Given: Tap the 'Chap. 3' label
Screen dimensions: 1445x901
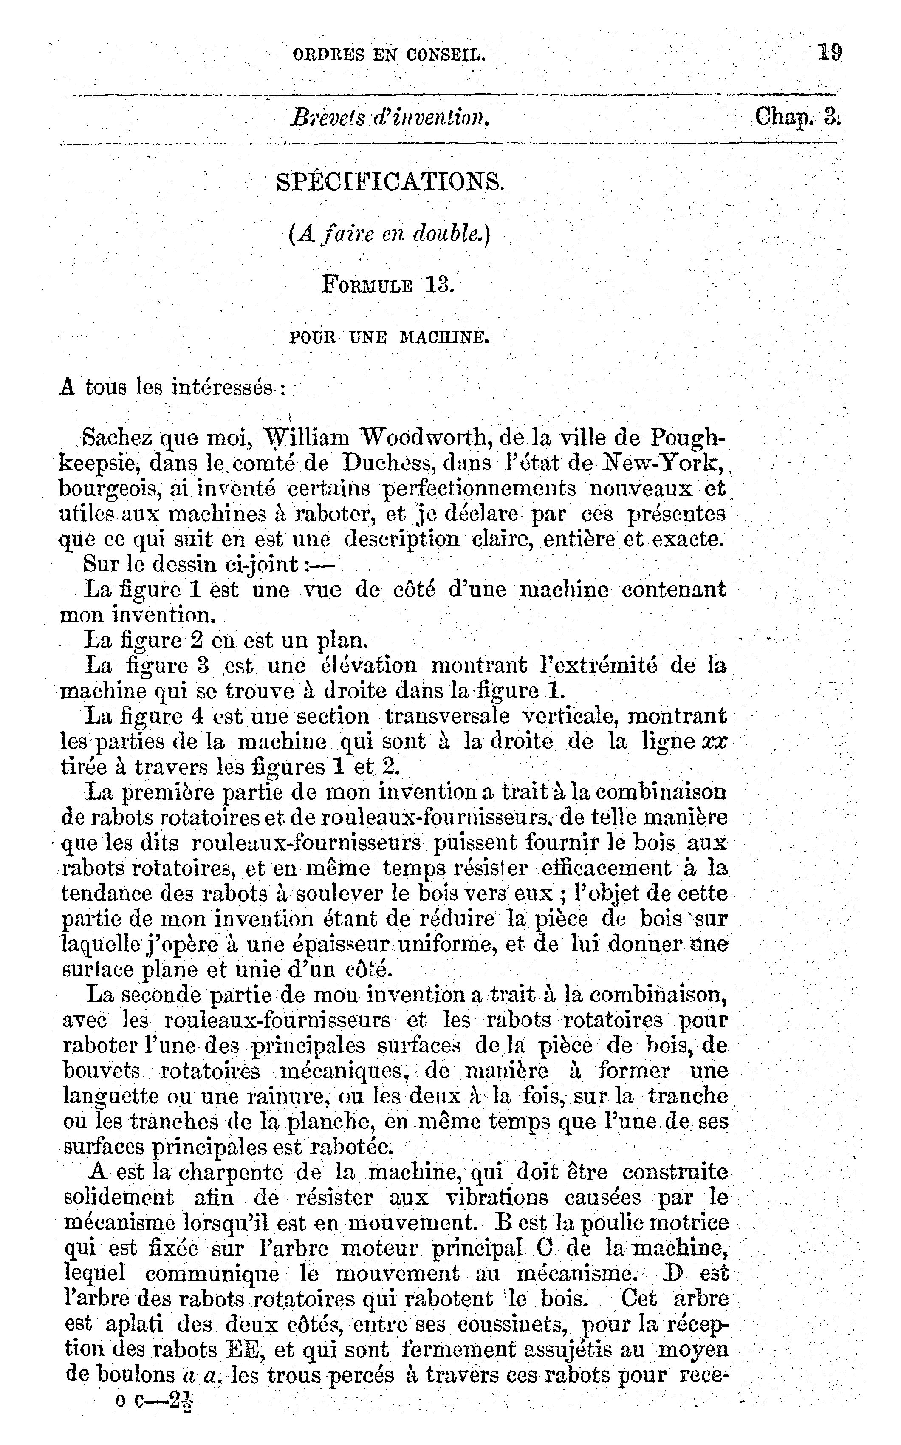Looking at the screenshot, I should (x=797, y=116).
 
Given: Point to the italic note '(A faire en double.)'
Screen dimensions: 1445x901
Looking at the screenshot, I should (x=389, y=235).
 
